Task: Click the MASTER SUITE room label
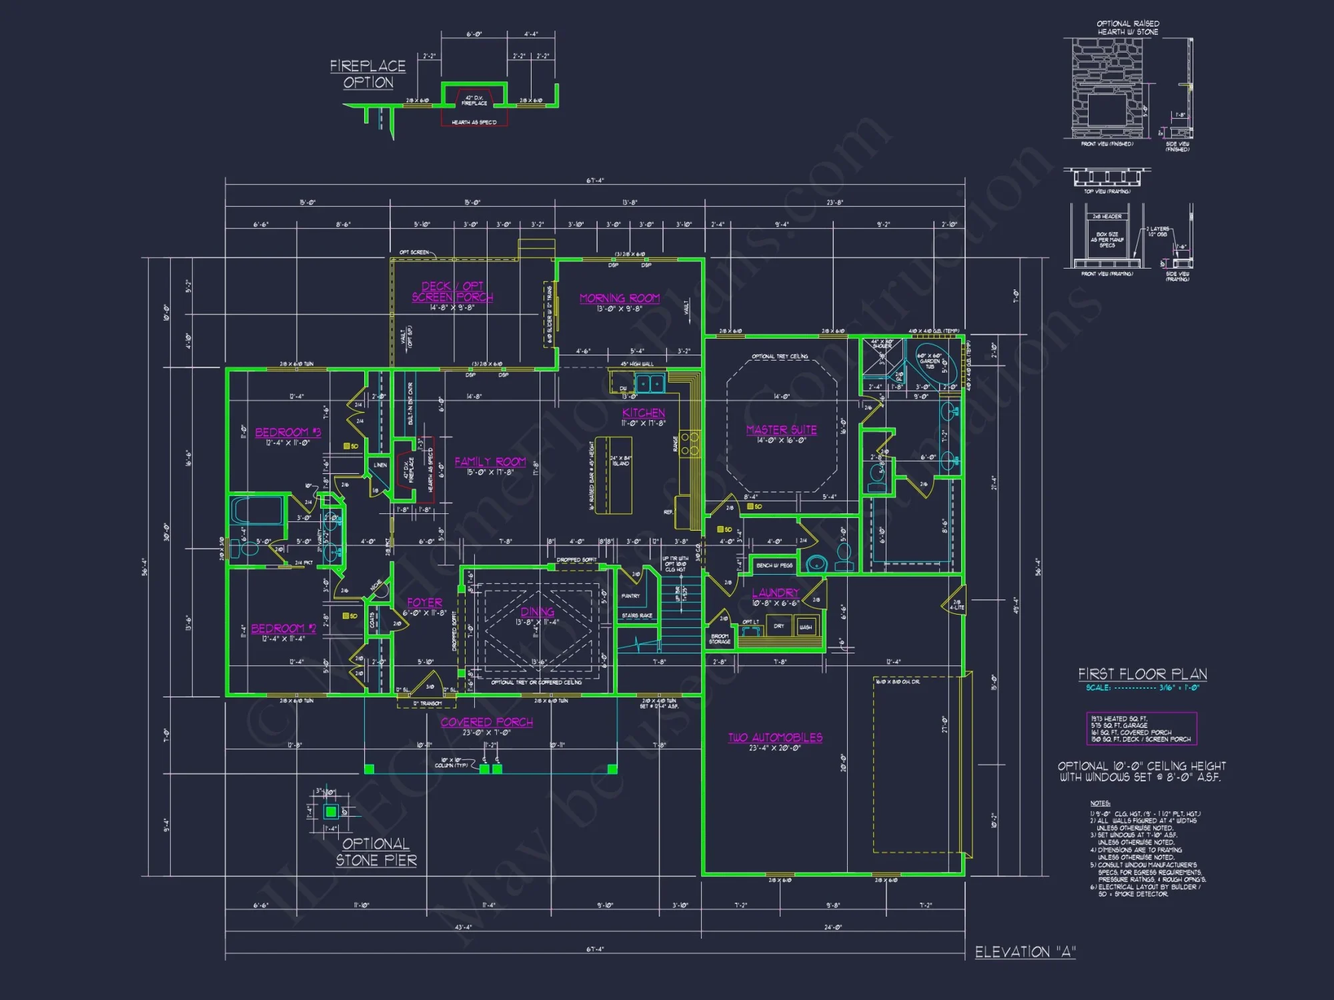click(x=781, y=430)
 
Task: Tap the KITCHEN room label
click(x=643, y=413)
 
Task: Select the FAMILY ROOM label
click(x=490, y=461)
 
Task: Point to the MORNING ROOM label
click(x=620, y=298)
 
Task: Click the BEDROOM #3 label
click(x=287, y=432)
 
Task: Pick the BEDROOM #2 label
click(x=283, y=628)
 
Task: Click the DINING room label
click(x=537, y=611)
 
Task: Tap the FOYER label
click(x=424, y=602)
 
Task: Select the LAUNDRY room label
click(x=775, y=593)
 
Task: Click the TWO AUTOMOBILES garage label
click(x=775, y=737)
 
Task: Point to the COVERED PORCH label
click(x=486, y=722)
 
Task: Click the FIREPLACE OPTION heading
click(x=368, y=74)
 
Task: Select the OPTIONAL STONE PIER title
click(x=376, y=852)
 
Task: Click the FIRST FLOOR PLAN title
click(x=1142, y=674)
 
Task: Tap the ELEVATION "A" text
click(x=1025, y=952)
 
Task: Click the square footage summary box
click(x=1141, y=729)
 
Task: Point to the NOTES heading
click(x=1100, y=803)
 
